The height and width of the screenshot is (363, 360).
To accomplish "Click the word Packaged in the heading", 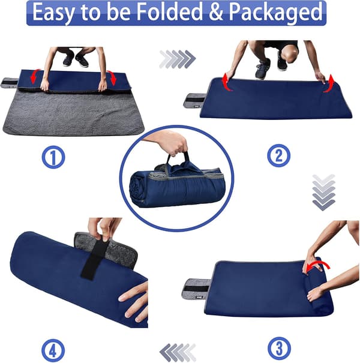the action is click(275, 13).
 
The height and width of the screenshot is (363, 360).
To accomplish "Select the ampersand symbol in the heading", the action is click(216, 12).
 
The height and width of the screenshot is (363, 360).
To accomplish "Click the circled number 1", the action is click(53, 157).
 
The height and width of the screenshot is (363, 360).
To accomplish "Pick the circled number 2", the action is click(279, 155).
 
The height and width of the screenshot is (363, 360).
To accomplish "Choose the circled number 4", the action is click(53, 350).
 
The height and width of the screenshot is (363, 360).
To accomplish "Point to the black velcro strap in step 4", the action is click(92, 257).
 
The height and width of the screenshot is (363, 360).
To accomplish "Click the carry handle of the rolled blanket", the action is click(178, 160).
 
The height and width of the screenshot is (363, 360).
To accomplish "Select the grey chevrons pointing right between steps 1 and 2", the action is click(178, 59).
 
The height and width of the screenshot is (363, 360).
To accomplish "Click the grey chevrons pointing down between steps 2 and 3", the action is click(324, 193).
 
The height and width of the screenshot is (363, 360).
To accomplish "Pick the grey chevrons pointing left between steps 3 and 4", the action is click(178, 352).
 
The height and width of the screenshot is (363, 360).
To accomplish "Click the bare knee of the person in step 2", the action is click(291, 55).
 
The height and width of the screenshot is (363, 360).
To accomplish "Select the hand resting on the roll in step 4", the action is click(134, 302).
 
